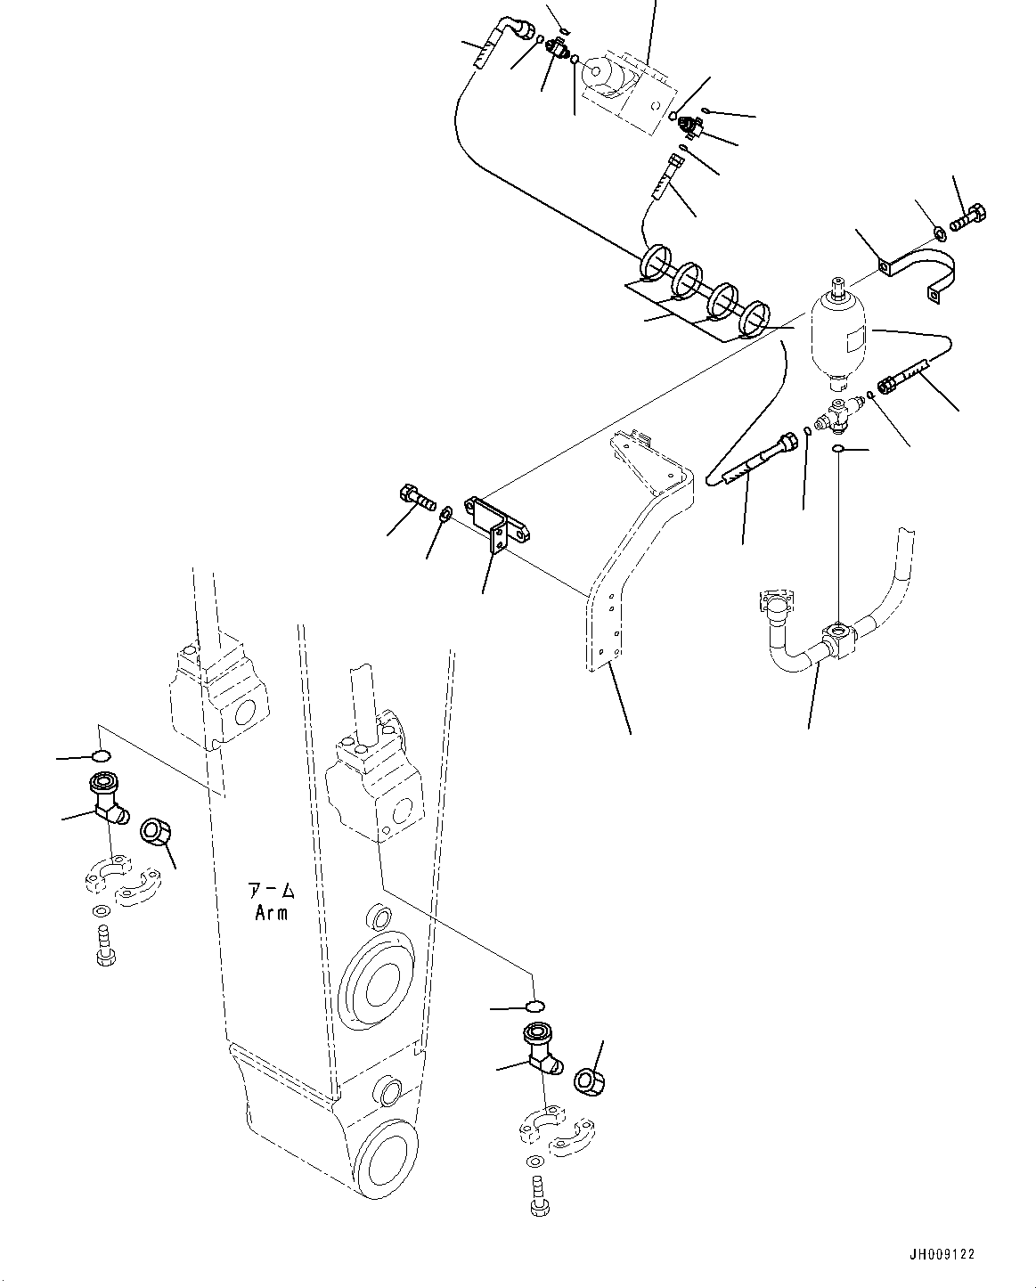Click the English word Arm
272,913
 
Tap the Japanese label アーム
272,891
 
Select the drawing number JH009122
942,1253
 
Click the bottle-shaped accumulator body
839,339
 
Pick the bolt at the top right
969,216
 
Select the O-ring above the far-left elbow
102,757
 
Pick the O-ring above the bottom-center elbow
534,1007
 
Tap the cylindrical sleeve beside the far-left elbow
158,835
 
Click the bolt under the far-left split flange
102,946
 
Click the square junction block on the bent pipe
840,637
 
